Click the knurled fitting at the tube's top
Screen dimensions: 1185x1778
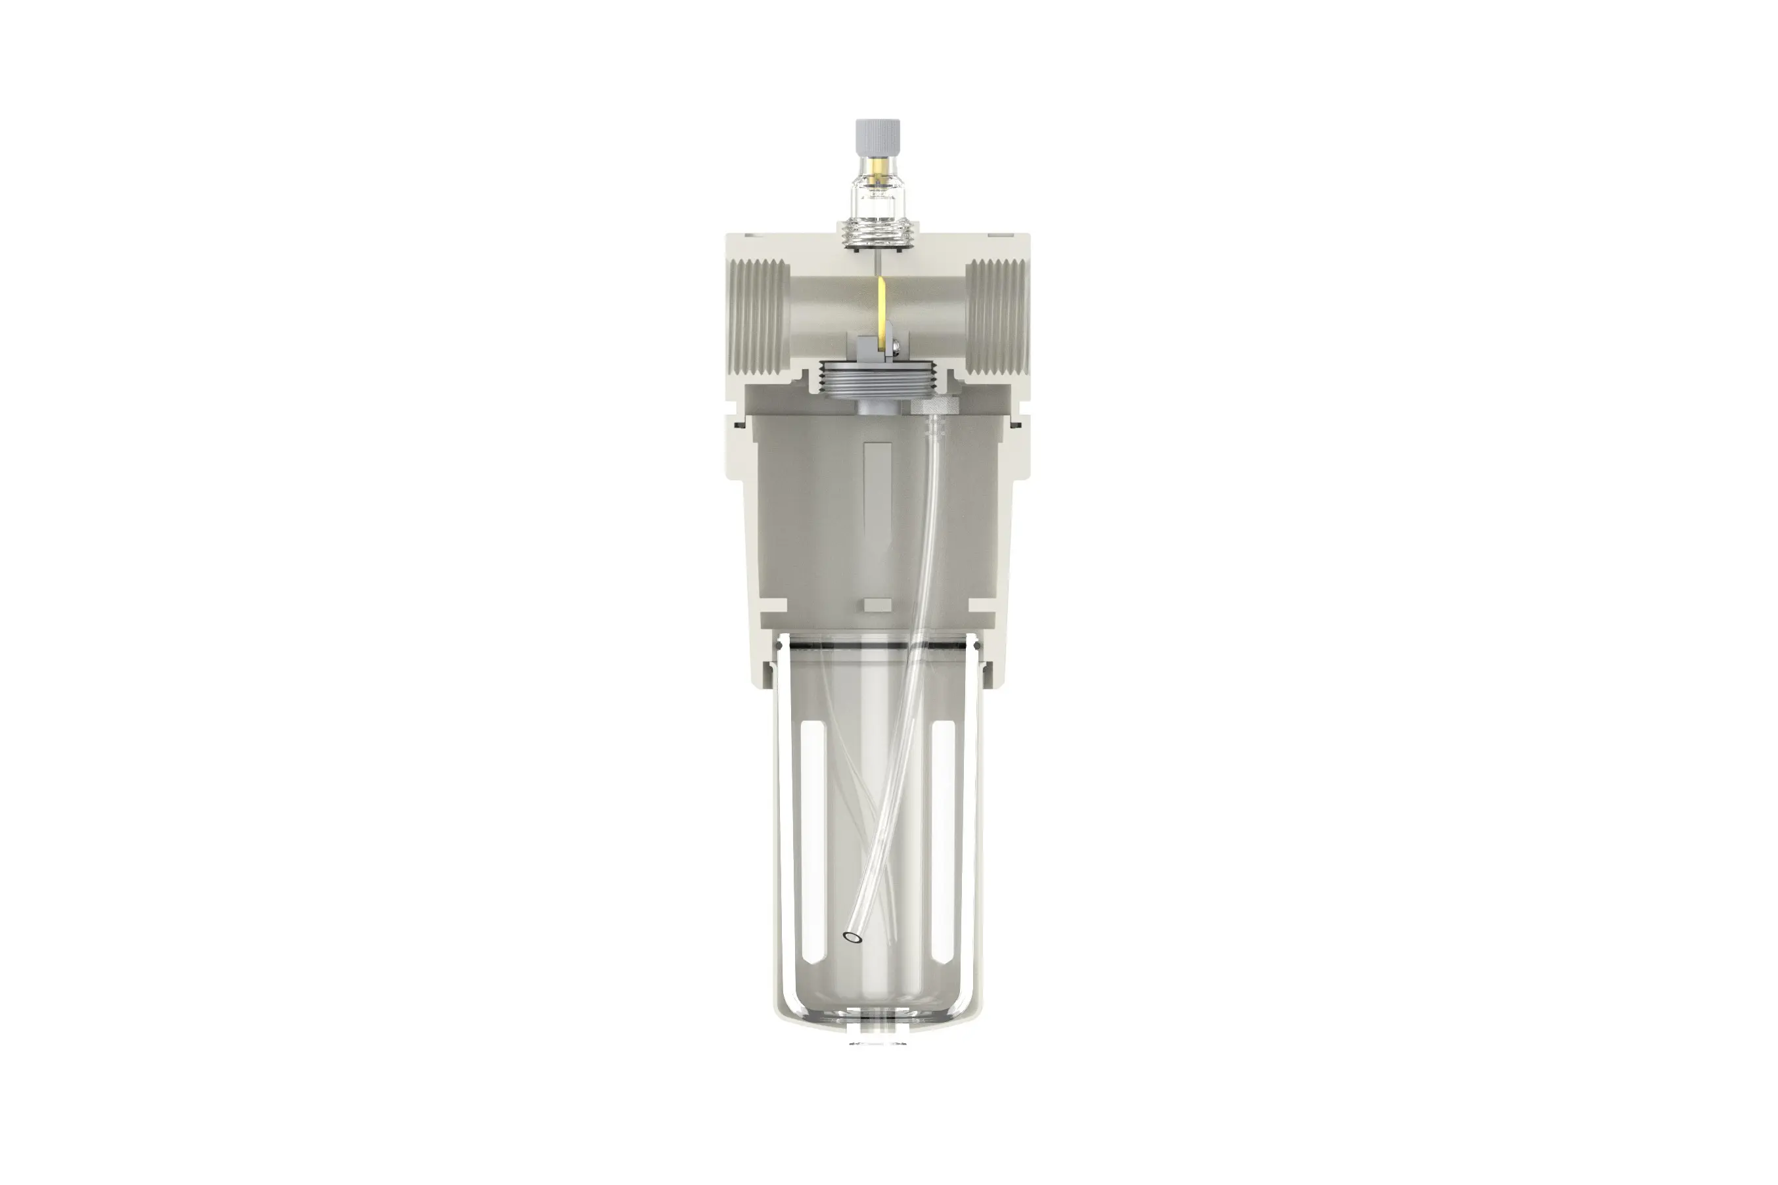[934, 407]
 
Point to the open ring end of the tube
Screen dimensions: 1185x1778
[853, 938]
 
